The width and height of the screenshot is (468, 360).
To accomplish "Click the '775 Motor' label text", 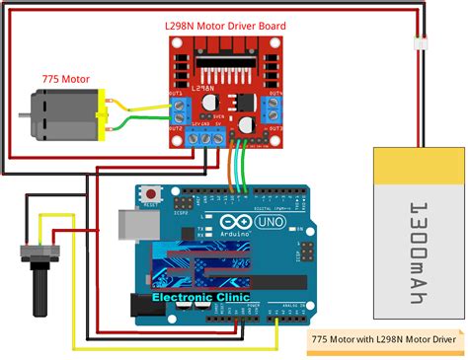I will [x=64, y=78].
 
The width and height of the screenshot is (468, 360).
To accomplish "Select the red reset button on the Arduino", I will [x=152, y=192].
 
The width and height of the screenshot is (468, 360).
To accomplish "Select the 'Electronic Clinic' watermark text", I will [x=200, y=296].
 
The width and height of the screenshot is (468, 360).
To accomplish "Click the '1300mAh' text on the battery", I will [x=419, y=236].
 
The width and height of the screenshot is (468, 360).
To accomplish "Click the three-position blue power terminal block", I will [x=206, y=139].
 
